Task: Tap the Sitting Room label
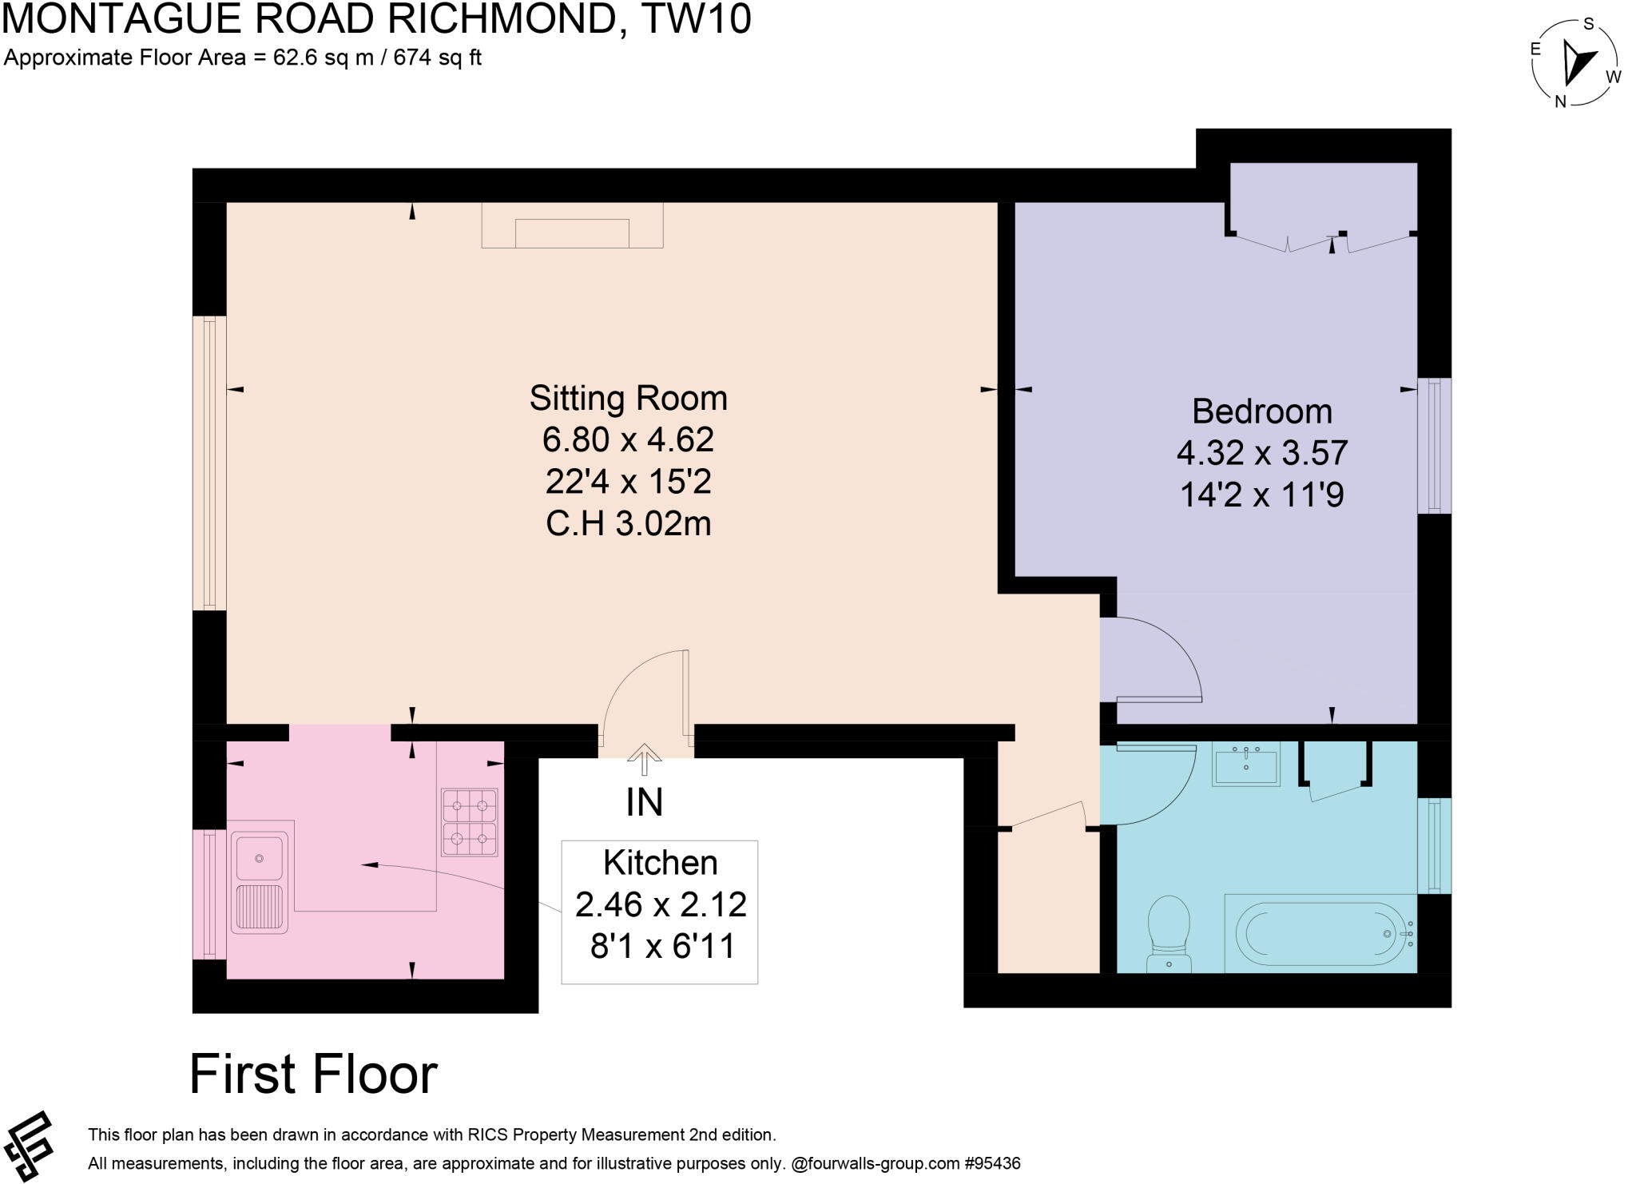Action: coord(629,398)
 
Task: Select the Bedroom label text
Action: coord(1262,411)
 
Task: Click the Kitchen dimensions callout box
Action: coord(660,912)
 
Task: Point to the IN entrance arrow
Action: coord(645,760)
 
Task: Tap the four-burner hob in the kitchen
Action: coord(470,822)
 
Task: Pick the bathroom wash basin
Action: coord(1246,765)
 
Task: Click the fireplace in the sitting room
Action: coord(573,225)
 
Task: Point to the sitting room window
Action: coord(209,463)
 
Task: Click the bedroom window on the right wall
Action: coord(1435,446)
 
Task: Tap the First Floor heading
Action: coord(313,1074)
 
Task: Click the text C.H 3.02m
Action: coord(629,524)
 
